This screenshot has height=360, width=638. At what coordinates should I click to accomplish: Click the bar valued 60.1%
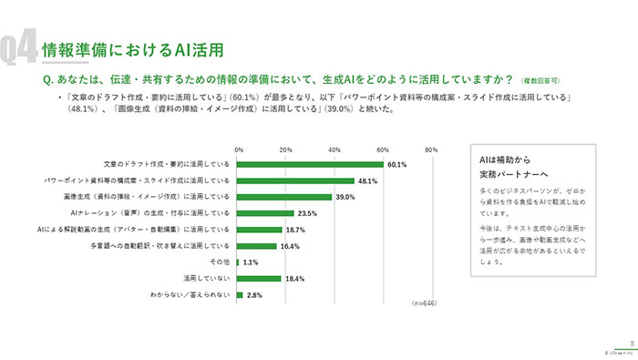coord(310,165)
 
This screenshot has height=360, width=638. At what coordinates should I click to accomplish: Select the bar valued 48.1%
coord(295,181)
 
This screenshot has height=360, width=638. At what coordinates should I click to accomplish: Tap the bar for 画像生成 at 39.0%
coord(284,197)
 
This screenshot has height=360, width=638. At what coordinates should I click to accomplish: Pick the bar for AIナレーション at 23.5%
coord(265,213)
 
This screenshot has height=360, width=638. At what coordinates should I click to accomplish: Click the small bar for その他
coord(240,262)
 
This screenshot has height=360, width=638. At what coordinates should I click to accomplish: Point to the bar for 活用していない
coord(259,279)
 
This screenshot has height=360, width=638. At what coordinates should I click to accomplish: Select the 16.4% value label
coord(289,246)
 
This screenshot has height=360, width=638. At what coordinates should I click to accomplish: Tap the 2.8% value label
coord(255,295)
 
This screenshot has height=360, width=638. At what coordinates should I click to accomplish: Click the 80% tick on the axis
coord(431,149)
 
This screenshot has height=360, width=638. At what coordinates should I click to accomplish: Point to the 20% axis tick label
coord(286,149)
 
